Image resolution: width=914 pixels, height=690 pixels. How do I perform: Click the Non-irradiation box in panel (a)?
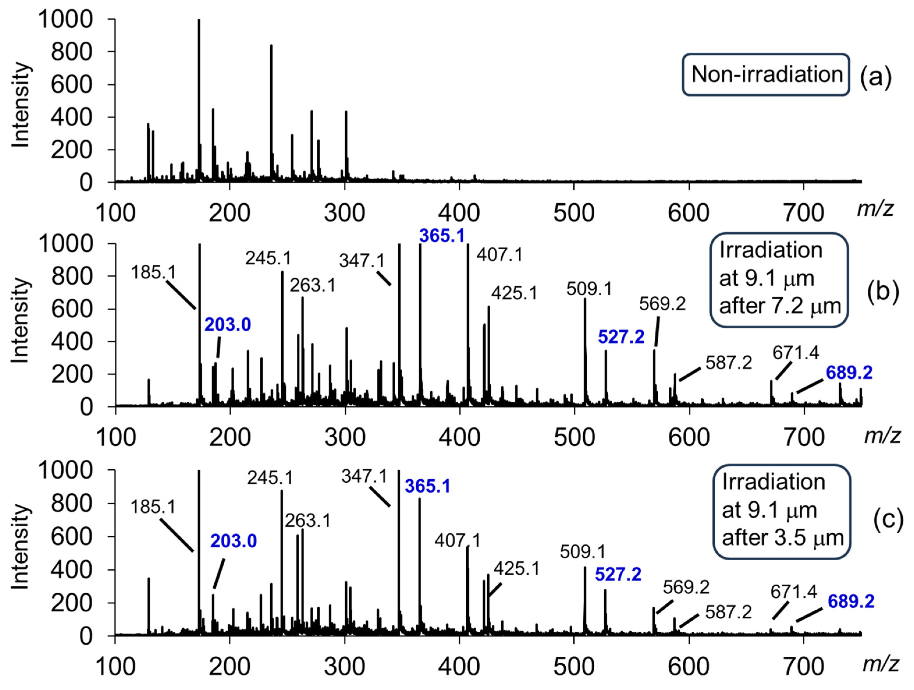766,75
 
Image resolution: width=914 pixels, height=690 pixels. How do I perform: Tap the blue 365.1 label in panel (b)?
442,236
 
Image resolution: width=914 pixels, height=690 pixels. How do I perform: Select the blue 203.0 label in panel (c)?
234,541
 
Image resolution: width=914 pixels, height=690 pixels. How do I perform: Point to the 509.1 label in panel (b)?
589,289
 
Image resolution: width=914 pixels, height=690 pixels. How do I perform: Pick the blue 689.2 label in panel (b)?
849,373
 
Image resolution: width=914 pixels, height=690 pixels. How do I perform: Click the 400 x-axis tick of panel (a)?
459,213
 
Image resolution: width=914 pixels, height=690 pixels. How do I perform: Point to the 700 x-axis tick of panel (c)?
803,666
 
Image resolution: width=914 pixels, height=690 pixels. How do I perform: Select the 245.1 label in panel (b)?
268,259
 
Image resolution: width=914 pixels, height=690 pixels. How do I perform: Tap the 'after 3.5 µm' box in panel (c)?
782,512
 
